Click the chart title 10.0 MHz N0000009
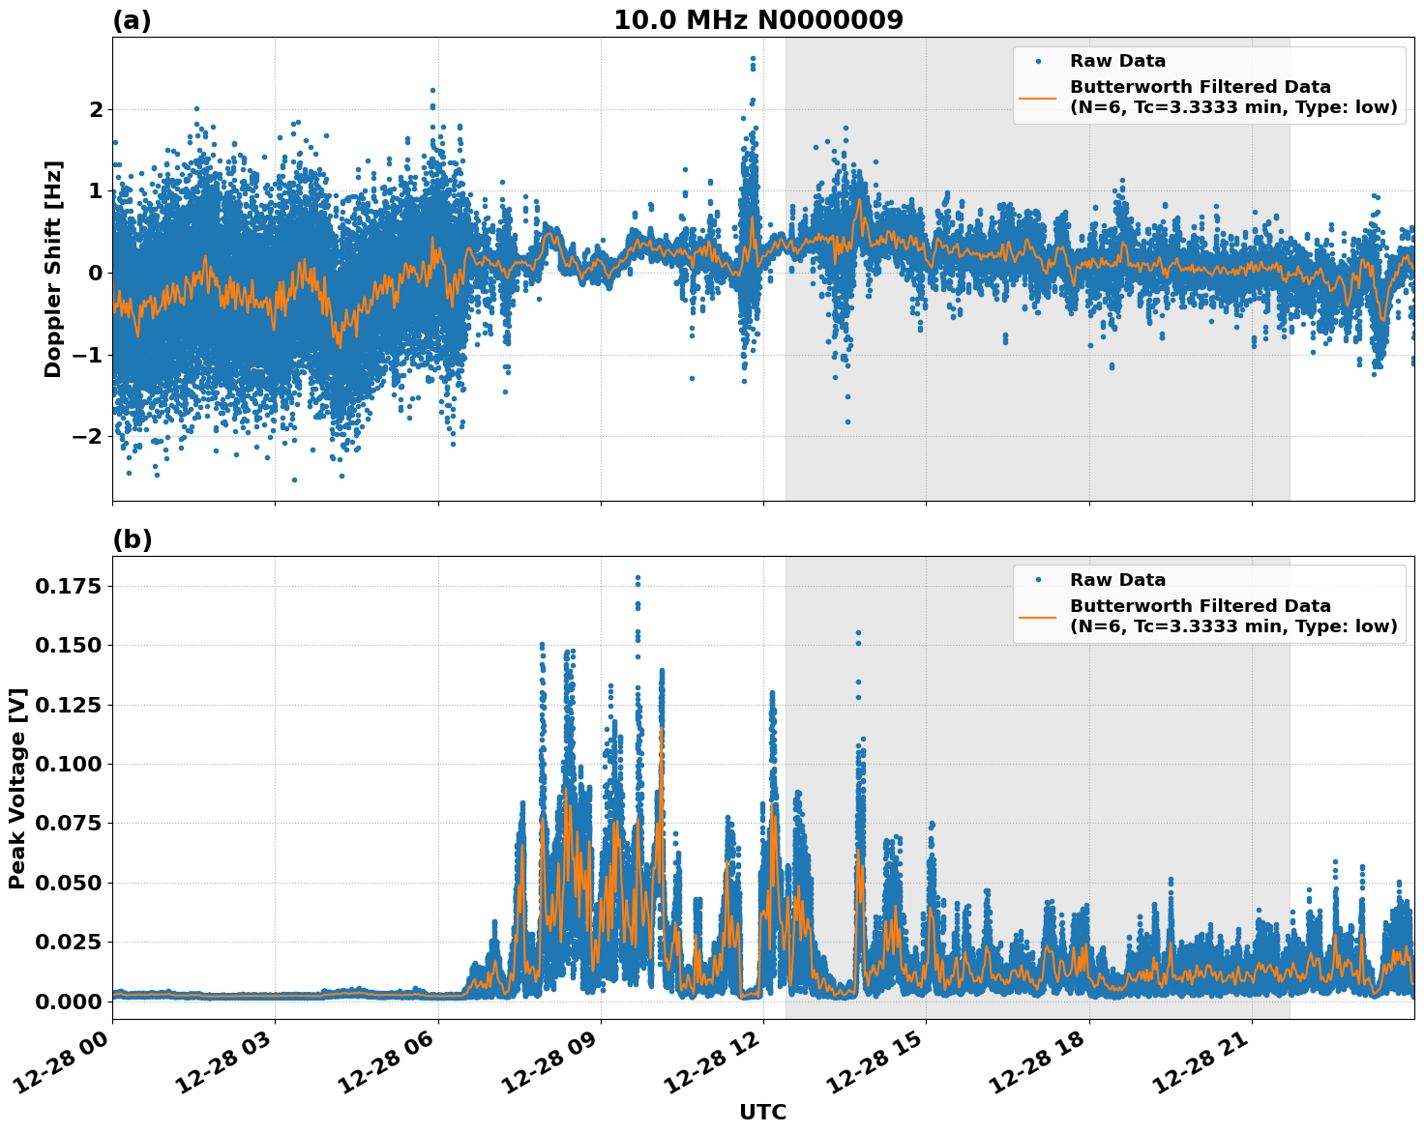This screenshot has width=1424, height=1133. pyautogui.click(x=757, y=20)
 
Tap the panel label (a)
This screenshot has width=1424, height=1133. pyautogui.click(x=132, y=20)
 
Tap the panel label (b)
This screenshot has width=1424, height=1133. pyautogui.click(x=132, y=539)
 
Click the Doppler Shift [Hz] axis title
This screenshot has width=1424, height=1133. pyautogui.click(x=53, y=269)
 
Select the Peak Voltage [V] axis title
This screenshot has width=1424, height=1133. pyautogui.click(x=17, y=788)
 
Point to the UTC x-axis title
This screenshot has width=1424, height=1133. pyautogui.click(x=762, y=1113)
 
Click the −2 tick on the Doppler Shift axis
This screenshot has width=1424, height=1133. pyautogui.click(x=89, y=436)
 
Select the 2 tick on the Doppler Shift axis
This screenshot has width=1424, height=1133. pyautogui.click(x=96, y=109)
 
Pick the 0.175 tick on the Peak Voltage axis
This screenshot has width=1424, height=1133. pyautogui.click(x=69, y=586)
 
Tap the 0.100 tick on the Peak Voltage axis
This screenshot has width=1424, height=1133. pyautogui.click(x=69, y=764)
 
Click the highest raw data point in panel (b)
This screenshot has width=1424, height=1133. pyautogui.click(x=638, y=578)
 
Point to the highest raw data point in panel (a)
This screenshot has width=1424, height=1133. pyautogui.click(x=753, y=59)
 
